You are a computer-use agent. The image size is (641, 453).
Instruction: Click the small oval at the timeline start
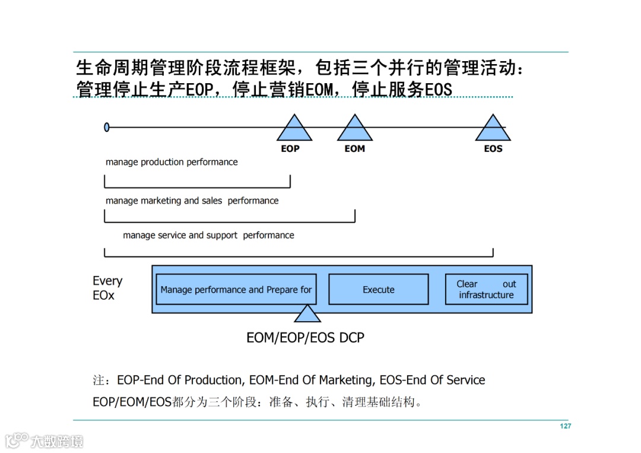tap(107, 127)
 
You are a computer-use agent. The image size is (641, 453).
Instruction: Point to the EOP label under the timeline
tap(290, 148)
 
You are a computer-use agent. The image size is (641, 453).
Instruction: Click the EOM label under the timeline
tap(355, 148)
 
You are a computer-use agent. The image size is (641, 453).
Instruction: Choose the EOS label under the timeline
tap(493, 148)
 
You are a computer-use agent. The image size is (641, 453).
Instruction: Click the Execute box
tap(379, 290)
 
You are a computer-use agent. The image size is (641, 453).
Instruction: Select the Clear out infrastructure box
tap(486, 289)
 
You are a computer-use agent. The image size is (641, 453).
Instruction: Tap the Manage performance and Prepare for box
tap(236, 290)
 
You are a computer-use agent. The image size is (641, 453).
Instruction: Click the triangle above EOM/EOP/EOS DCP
tap(307, 315)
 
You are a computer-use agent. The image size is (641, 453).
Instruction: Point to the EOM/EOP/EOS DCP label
tap(305, 338)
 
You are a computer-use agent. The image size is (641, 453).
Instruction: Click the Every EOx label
tap(107, 288)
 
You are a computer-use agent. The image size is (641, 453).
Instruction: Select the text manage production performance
tap(172, 162)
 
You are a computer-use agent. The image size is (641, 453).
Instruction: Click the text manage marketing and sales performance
tap(192, 201)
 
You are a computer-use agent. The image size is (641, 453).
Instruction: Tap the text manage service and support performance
tap(208, 235)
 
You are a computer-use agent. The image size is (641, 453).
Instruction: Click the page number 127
tap(565, 426)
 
